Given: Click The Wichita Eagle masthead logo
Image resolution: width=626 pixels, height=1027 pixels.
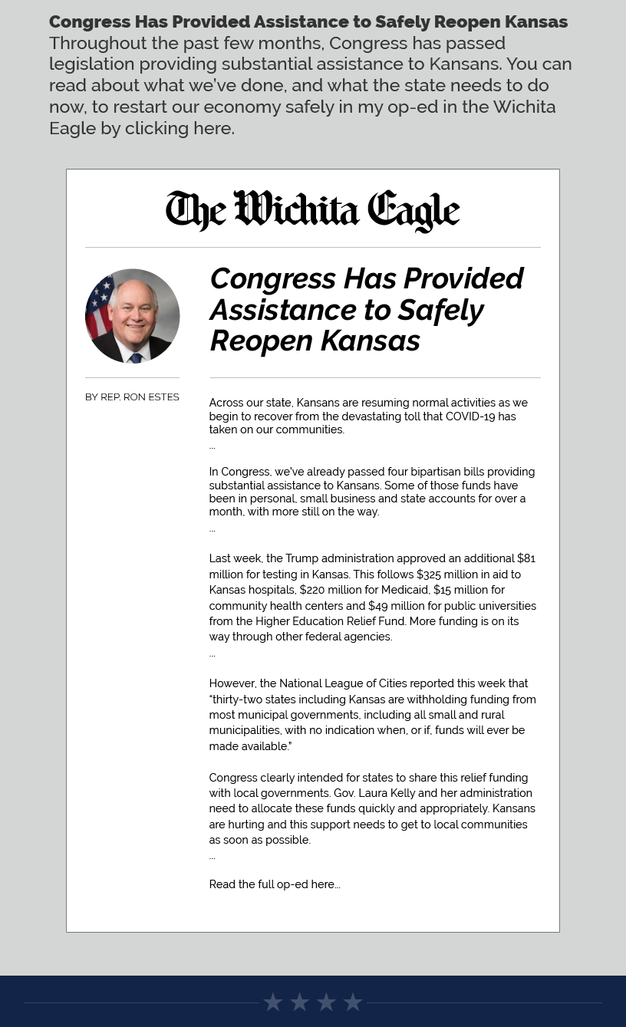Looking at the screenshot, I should click(312, 211).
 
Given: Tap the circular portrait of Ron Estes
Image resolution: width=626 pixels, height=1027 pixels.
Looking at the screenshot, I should click(132, 316).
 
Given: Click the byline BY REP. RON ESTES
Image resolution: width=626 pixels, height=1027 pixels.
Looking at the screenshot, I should click(132, 397).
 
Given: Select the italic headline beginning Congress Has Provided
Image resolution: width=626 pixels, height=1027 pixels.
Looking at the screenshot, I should click(367, 309).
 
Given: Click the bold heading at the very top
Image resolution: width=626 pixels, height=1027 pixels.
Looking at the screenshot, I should click(308, 21).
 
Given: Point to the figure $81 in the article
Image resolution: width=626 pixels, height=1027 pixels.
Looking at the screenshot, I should click(526, 558).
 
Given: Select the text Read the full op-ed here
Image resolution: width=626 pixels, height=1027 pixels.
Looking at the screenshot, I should click(274, 884).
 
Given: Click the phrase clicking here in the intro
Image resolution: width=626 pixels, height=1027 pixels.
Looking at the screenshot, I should click(179, 128).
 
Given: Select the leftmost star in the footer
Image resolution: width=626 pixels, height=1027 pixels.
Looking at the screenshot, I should click(273, 1002).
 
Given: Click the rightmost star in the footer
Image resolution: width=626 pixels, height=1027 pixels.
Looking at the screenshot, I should click(353, 1002).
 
